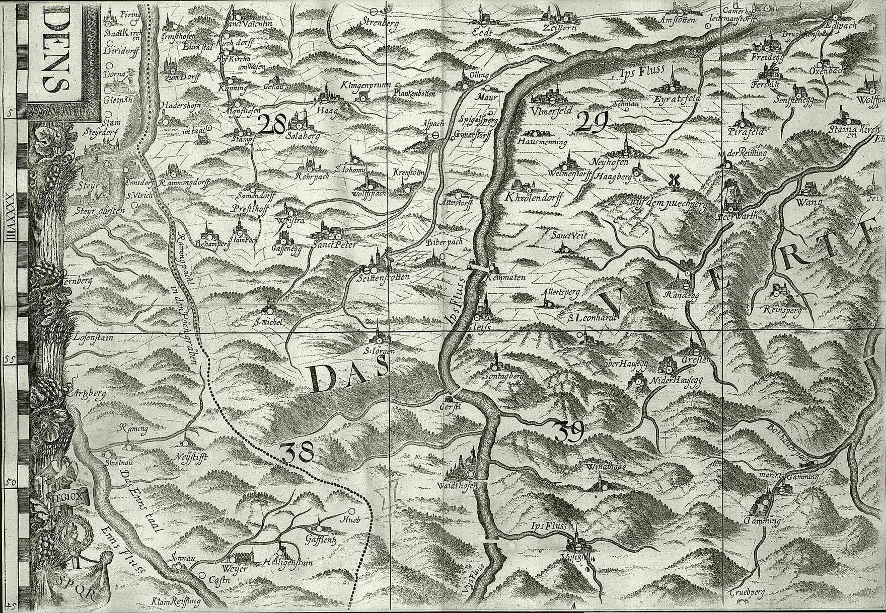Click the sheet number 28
[272, 124]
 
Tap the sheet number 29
[593, 122]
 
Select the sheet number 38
[298, 453]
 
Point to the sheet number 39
[569, 431]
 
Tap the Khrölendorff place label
[533, 198]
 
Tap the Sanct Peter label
[333, 245]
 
